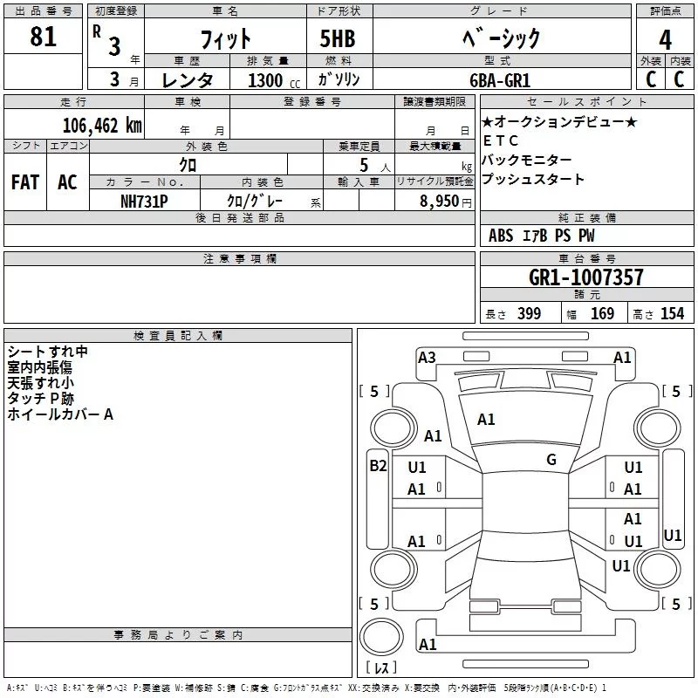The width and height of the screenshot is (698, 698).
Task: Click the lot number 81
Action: pyautogui.click(x=43, y=37)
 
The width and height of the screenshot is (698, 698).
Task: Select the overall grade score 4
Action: pyautogui.click(x=665, y=39)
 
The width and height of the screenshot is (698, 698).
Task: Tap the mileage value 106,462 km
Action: pyautogui.click(x=102, y=126)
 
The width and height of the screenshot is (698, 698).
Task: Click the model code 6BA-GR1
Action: pyautogui.click(x=500, y=80)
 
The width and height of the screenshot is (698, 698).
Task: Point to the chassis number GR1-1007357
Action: pyautogui.click(x=585, y=277)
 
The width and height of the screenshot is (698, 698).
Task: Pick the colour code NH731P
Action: pyautogui.click(x=144, y=202)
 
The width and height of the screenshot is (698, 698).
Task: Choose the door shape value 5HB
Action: pyautogui.click(x=338, y=38)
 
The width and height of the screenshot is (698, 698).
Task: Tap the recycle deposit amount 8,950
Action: pyautogui.click(x=439, y=202)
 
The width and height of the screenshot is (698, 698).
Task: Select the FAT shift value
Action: pyautogui.click(x=25, y=182)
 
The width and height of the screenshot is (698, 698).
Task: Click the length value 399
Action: pyautogui.click(x=529, y=313)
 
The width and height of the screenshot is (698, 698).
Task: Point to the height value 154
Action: pyautogui.click(x=672, y=313)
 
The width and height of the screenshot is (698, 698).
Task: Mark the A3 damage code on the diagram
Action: pyautogui.click(x=427, y=358)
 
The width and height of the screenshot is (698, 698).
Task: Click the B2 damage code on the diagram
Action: pyautogui.click(x=378, y=466)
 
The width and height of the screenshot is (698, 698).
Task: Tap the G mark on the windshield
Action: pyautogui.click(x=551, y=460)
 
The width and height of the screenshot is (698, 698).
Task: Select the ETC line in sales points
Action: pyautogui.click(x=500, y=140)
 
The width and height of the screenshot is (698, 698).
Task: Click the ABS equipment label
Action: pyautogui.click(x=501, y=236)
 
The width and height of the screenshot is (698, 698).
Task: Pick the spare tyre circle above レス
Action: pyautogui.click(x=381, y=637)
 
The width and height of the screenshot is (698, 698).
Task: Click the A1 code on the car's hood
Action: pyautogui.click(x=486, y=420)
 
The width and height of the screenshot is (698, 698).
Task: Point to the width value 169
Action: pyautogui.click(x=602, y=313)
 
